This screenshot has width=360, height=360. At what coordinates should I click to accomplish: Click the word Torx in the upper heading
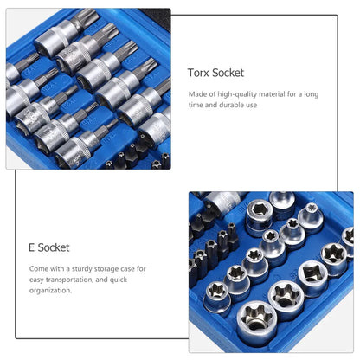click(198, 74)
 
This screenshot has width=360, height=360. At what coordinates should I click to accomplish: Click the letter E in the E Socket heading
click(32, 247)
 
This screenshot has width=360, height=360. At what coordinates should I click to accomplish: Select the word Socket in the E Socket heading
click(55, 247)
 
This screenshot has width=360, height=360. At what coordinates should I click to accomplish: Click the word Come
click(38, 268)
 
